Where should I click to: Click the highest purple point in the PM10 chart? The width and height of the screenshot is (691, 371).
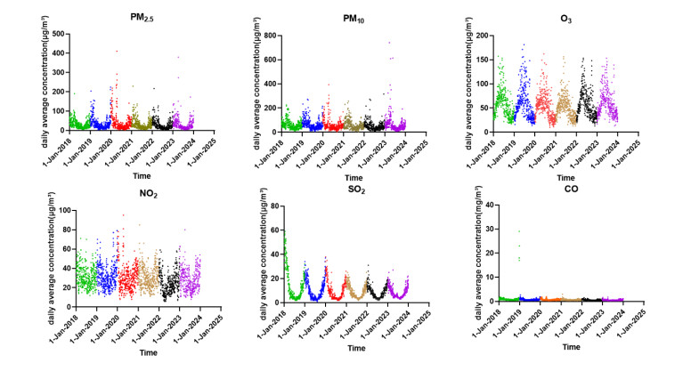pos(388,43)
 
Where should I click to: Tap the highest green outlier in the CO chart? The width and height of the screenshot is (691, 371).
pos(518,231)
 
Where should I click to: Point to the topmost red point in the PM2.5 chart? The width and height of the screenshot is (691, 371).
pos(116,51)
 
